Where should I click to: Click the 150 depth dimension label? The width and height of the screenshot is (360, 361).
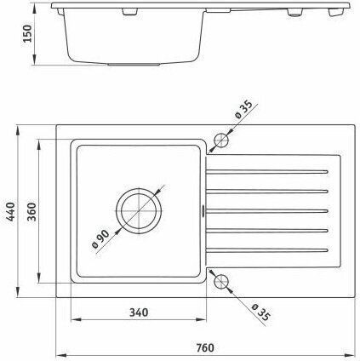pos(28,33)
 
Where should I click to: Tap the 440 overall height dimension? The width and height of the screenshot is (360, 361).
pos(11,211)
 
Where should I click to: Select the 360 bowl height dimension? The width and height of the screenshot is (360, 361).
pos(31,211)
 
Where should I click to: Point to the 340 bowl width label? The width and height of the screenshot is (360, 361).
pos(139,312)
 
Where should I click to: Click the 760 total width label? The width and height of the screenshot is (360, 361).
pos(205,347)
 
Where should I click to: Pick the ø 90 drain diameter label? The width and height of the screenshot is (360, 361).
pos(100,239)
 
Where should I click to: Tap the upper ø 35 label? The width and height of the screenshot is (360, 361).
pos(243,110)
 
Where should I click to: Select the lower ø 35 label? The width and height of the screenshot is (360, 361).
pos(261,312)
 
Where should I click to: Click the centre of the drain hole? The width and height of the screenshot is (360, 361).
pos(139,211)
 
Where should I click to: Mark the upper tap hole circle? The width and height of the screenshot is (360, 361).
pos(221,140)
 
